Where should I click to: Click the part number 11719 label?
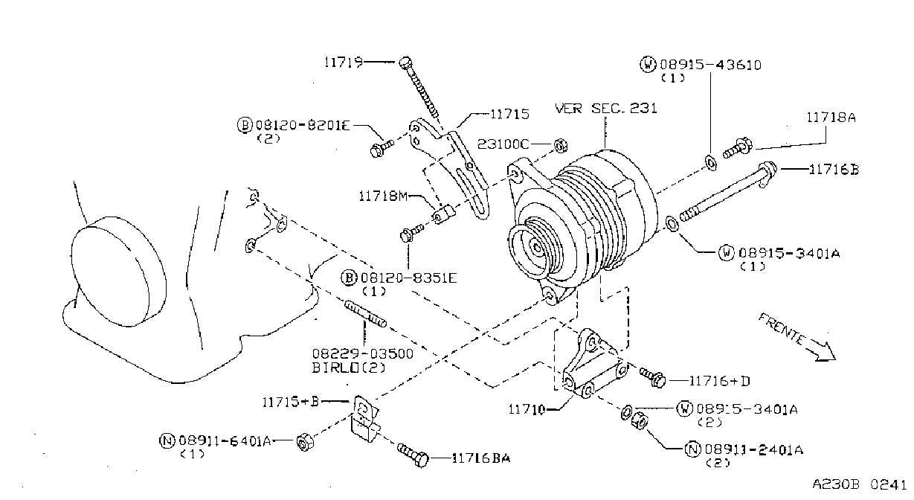click(344, 62)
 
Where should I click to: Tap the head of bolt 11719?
click(405, 62)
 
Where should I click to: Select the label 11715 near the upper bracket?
click(509, 114)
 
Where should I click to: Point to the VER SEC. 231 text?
click(606, 108)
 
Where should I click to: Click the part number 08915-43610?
click(710, 65)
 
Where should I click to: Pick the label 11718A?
click(831, 118)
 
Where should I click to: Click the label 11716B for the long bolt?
click(834, 169)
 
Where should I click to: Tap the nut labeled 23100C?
click(561, 145)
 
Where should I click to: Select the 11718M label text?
click(383, 196)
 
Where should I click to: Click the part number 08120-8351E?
click(409, 278)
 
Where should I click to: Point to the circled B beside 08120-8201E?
click(245, 125)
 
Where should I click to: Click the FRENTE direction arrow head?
click(825, 353)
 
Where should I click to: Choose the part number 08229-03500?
click(363, 353)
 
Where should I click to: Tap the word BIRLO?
click(335, 368)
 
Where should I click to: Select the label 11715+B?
click(290, 402)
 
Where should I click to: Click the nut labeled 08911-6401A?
click(304, 442)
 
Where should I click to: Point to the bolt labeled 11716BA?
click(413, 455)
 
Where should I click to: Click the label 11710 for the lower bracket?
click(527, 409)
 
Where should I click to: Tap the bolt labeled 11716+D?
click(652, 377)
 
